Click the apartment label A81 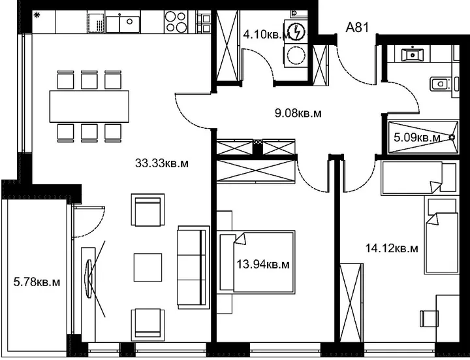357,27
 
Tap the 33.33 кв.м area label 162,163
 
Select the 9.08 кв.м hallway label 298,114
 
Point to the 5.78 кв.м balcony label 37,282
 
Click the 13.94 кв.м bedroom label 263,265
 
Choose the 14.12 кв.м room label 392,248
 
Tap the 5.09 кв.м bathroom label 417,138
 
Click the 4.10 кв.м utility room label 266,35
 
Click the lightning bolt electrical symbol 297,32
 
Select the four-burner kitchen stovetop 176,22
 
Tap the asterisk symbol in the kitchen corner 37,15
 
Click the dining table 89,106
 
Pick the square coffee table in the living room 148,267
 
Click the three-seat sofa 193,267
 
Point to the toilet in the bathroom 442,84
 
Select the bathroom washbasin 413,54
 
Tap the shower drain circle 452,137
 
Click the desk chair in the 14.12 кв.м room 430,318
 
